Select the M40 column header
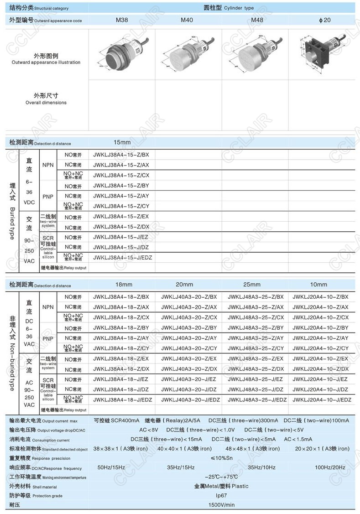tap(187, 20)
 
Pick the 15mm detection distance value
tap(122, 143)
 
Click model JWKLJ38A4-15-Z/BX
tap(121, 155)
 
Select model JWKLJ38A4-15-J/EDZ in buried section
tap(122, 258)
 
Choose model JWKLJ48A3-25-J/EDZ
tap(257, 400)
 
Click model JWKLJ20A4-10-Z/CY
tap(321, 348)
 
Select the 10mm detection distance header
tap(318, 285)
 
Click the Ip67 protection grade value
tap(221, 495)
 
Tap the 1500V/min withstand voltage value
tap(221, 505)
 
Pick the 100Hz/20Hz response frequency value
tap(330, 467)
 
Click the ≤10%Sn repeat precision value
tap(221, 458)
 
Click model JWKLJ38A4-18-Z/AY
tap(121, 338)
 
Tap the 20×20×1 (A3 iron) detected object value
tap(322, 449)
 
